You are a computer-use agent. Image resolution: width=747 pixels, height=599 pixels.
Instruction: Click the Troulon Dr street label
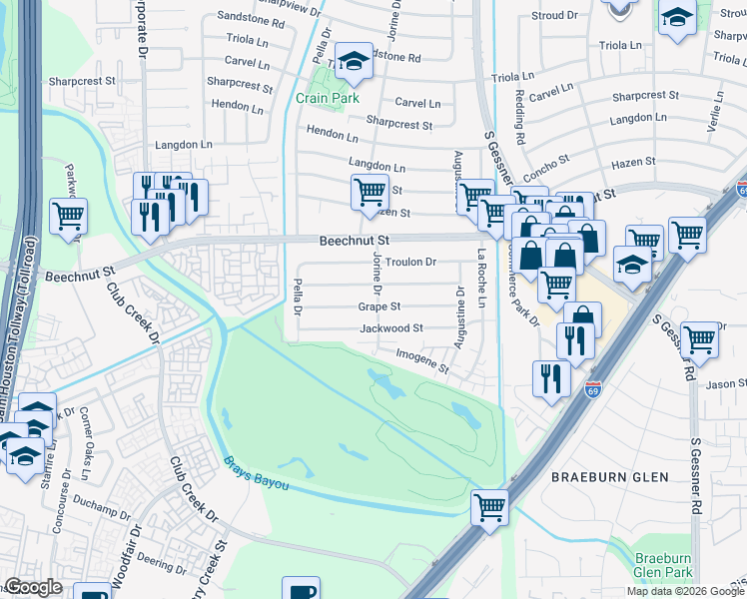[411, 262]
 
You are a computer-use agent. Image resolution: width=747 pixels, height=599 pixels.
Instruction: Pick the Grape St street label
[379, 306]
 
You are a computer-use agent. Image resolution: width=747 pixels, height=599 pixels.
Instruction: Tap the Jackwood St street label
[390, 327]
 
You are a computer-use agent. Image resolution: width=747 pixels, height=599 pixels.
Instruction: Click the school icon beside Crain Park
[353, 62]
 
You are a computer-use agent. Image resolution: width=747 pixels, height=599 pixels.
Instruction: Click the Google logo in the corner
[33, 587]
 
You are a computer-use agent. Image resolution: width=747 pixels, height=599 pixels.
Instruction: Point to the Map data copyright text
[685, 591]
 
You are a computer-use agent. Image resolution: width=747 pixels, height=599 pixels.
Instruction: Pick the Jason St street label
[726, 383]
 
